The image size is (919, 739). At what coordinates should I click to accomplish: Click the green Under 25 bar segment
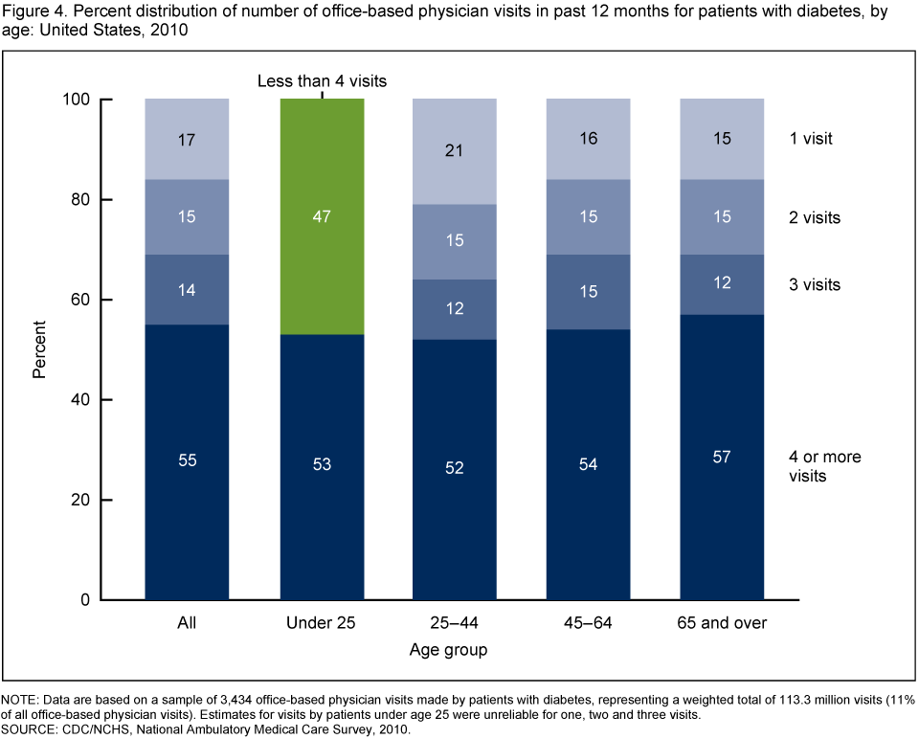[x=321, y=217]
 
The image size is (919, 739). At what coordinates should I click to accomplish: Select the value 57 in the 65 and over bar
[x=723, y=457]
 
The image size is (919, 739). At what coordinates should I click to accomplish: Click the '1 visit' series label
[x=812, y=138]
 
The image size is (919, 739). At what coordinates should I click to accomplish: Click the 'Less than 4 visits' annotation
[x=322, y=80]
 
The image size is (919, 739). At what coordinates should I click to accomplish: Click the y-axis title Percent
[x=39, y=350]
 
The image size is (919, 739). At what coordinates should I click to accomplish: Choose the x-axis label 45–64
[x=588, y=624]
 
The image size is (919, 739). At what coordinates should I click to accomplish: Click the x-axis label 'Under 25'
[x=321, y=624]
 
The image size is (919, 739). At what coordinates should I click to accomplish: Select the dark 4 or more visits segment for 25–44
[x=455, y=469]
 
